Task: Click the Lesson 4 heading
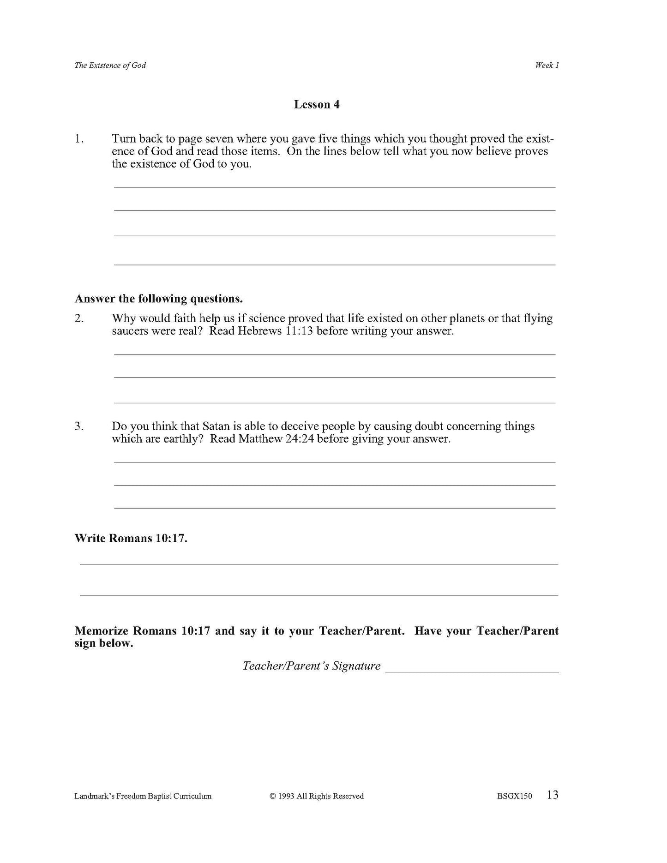pyautogui.click(x=317, y=105)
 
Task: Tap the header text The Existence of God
pyautogui.click(x=110, y=66)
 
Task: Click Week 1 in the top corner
pyautogui.click(x=547, y=66)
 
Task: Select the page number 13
pyautogui.click(x=553, y=795)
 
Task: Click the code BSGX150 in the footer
pyautogui.click(x=515, y=796)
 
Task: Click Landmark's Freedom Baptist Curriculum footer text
pyautogui.click(x=143, y=796)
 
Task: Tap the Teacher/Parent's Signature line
pyautogui.click(x=472, y=671)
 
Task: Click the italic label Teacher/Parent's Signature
pyautogui.click(x=312, y=666)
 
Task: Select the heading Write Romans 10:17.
pyautogui.click(x=131, y=539)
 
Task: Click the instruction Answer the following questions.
pyautogui.click(x=158, y=299)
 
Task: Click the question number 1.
pyautogui.click(x=79, y=139)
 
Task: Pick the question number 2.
pyautogui.click(x=79, y=318)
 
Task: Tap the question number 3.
pyautogui.click(x=79, y=426)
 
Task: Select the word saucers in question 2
pyautogui.click(x=130, y=331)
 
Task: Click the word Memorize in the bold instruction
pyautogui.click(x=102, y=631)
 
